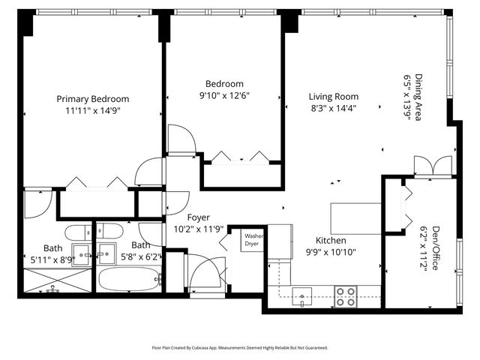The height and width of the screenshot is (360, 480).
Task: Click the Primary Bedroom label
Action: [93, 99]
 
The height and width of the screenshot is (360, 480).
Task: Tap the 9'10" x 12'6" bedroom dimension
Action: [224, 96]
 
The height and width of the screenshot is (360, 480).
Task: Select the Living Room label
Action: [334, 97]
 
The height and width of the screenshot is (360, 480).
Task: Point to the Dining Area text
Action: [418, 97]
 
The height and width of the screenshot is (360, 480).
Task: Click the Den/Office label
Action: [435, 248]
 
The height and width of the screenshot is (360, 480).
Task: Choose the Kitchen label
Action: [331, 240]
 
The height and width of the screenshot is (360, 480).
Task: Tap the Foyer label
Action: [198, 217]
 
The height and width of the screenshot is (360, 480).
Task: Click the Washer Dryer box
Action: [252, 240]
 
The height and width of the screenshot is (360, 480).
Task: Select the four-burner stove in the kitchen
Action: [346, 297]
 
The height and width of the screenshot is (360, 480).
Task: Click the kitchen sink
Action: [301, 297]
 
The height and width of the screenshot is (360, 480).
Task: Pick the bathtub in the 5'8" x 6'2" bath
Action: [129, 279]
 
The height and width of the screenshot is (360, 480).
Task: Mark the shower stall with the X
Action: [58, 280]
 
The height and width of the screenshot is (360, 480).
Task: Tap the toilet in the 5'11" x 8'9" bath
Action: [78, 233]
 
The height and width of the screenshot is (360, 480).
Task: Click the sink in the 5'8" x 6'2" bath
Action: [106, 253]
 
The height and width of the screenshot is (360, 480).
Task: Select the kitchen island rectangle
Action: [355, 218]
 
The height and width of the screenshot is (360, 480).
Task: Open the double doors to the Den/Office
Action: [433, 166]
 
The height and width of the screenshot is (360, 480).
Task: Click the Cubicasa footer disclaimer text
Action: [240, 348]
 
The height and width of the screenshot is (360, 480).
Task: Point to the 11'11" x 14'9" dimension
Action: [93, 111]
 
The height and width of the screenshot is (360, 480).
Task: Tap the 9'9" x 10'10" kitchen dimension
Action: [331, 252]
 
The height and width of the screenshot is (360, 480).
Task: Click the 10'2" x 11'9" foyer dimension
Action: [198, 229]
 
